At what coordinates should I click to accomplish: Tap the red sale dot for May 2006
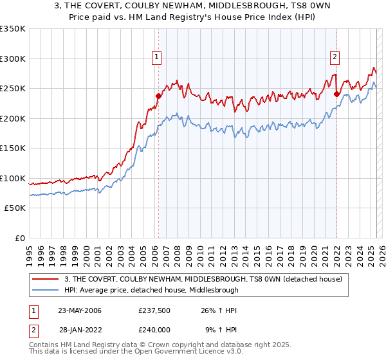click(158, 96)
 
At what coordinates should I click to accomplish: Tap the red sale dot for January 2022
click(336, 94)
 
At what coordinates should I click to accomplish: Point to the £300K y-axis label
click(13, 59)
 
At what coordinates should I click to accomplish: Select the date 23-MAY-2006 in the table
click(80, 310)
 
